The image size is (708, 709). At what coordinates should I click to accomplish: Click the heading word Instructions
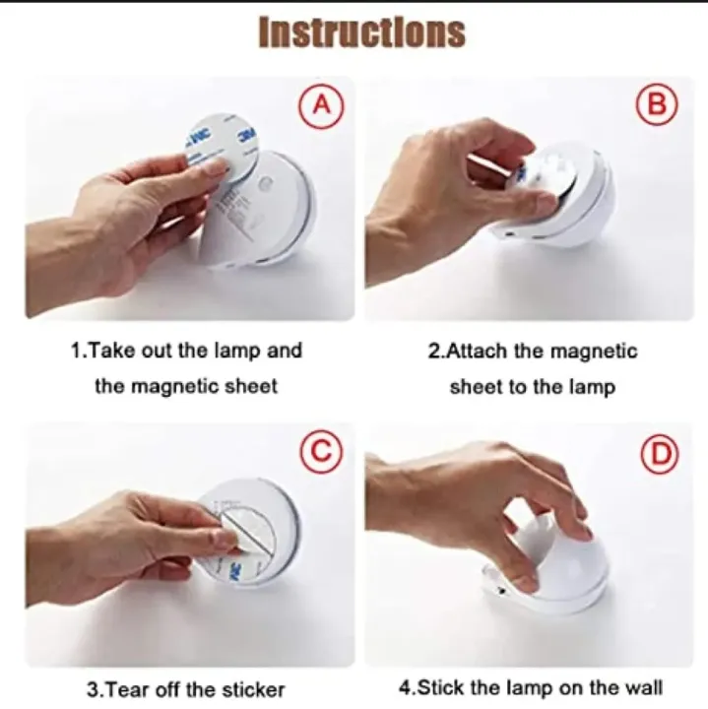361,32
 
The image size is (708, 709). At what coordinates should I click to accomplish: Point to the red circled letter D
657,453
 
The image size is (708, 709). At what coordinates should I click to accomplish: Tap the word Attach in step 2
485,352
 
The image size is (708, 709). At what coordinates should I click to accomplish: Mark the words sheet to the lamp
532,387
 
